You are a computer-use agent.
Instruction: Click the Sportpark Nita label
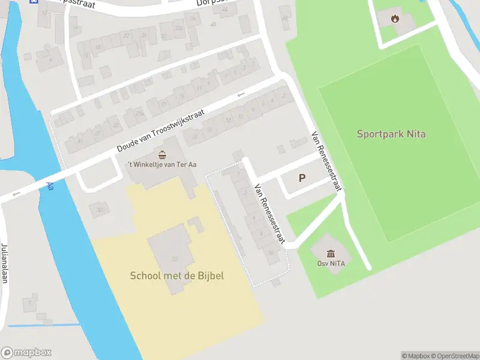(391, 134)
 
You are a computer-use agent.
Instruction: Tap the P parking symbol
(302, 178)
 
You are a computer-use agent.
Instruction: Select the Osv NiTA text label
(331, 263)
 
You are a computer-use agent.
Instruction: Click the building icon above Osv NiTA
(331, 253)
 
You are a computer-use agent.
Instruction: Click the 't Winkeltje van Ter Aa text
(161, 165)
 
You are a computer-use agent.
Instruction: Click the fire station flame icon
(394, 18)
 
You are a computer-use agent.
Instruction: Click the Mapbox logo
(26, 353)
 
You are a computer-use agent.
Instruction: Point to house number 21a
(140, 114)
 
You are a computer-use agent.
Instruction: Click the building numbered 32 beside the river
(99, 210)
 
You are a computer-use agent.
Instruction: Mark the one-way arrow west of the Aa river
(16, 193)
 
